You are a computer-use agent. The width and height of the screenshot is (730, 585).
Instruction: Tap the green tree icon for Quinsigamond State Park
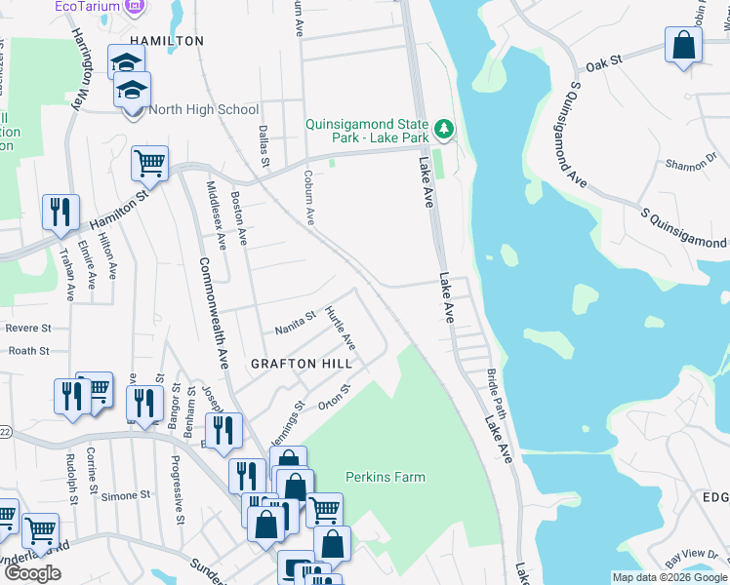[444, 128]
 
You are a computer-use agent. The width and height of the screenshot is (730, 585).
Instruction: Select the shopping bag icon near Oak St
[683, 45]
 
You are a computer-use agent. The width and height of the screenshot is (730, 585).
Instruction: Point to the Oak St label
[604, 65]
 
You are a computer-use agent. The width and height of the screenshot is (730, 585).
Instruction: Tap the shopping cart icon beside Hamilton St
[149, 164]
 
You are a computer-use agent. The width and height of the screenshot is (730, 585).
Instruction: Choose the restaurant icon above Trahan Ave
[61, 213]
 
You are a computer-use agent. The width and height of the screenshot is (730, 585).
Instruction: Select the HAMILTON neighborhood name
[167, 41]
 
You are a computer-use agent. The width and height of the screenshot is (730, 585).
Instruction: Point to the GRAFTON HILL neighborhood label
[300, 362]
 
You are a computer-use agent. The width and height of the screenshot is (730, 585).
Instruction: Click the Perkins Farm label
[385, 477]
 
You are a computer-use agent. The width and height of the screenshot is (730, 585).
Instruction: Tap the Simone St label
[120, 495]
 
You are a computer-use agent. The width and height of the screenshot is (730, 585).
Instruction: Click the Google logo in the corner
[32, 573]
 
